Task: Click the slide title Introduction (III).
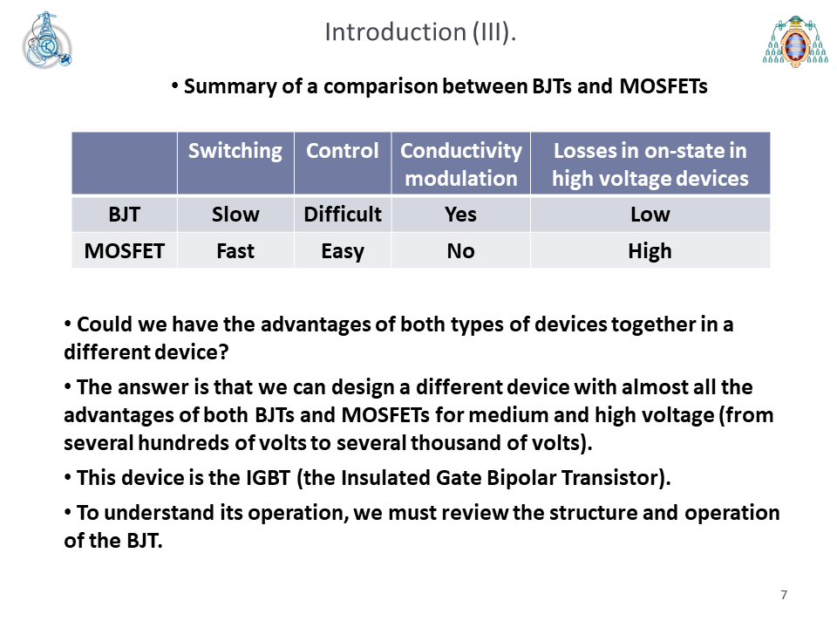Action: pos(420,32)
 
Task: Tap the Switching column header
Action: pos(235,151)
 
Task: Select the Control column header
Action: pos(343,151)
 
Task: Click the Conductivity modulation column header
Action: pos(461,165)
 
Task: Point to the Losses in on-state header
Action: pos(650,165)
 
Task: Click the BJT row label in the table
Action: pos(125,215)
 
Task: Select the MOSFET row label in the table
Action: pos(125,251)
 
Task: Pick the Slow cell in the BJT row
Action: pos(235,215)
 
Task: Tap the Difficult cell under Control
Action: pos(343,215)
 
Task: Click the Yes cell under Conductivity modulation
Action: pos(460,215)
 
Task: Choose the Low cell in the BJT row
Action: pos(650,215)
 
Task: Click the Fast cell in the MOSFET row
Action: pos(235,251)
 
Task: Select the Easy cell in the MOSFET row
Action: pos(343,251)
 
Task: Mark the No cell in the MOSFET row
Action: pos(460,251)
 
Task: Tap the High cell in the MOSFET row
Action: pos(650,251)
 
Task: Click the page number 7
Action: pos(784,595)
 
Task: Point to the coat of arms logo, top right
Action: pos(795,42)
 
